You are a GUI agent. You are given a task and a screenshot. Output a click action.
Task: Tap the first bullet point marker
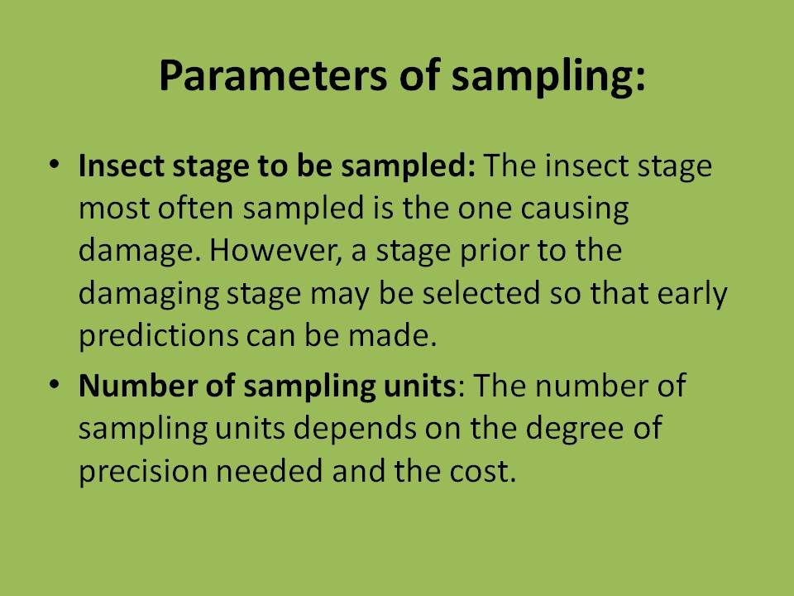point(55,166)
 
